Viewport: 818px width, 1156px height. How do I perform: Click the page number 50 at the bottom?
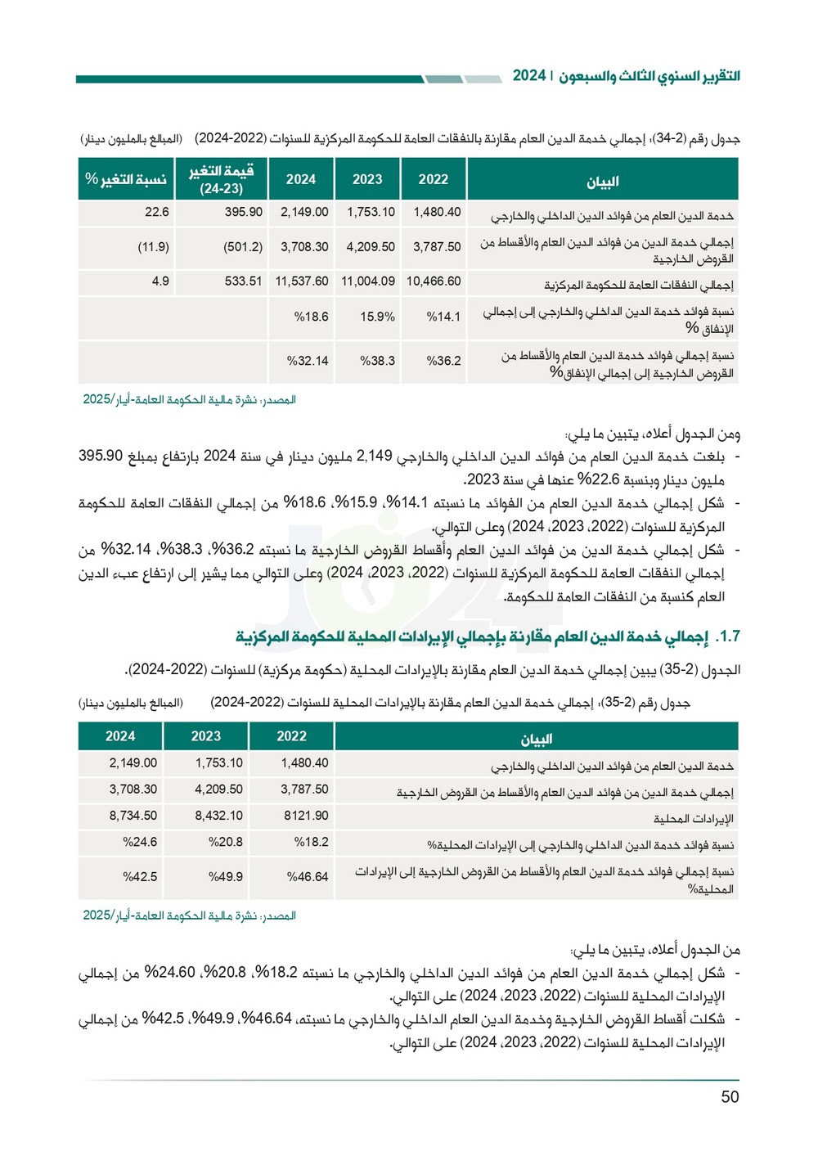pos(730,1097)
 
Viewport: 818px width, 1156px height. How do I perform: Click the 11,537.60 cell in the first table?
pos(302,281)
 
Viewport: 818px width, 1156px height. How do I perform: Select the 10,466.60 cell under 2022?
pos(434,281)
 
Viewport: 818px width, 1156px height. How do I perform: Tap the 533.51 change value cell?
pos(243,281)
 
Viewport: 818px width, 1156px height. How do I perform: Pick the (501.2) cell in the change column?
pos(243,247)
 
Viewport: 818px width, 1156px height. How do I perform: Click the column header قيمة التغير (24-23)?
pos(221,179)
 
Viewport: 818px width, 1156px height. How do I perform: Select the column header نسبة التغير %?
pos(126,179)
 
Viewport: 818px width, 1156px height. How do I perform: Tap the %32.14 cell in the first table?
pos(308,361)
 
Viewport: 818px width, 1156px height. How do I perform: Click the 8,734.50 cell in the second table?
pos(133,816)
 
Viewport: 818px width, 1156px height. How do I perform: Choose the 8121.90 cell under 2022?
pos(306,816)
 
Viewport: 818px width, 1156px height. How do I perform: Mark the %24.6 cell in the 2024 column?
pos(140,842)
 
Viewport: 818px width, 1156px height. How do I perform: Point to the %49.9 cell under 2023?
pos(226,877)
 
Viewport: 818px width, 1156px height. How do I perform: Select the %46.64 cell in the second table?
pos(308,877)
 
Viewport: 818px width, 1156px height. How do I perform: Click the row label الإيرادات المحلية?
pos(693,819)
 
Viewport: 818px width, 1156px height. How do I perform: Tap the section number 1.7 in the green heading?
pos(727,636)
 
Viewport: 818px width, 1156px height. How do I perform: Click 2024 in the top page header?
pos(528,76)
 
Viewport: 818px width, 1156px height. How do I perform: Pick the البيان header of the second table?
pos(537,739)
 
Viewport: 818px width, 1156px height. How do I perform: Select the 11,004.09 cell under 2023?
pos(368,281)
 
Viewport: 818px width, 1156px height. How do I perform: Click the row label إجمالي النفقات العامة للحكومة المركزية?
pos(638,286)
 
